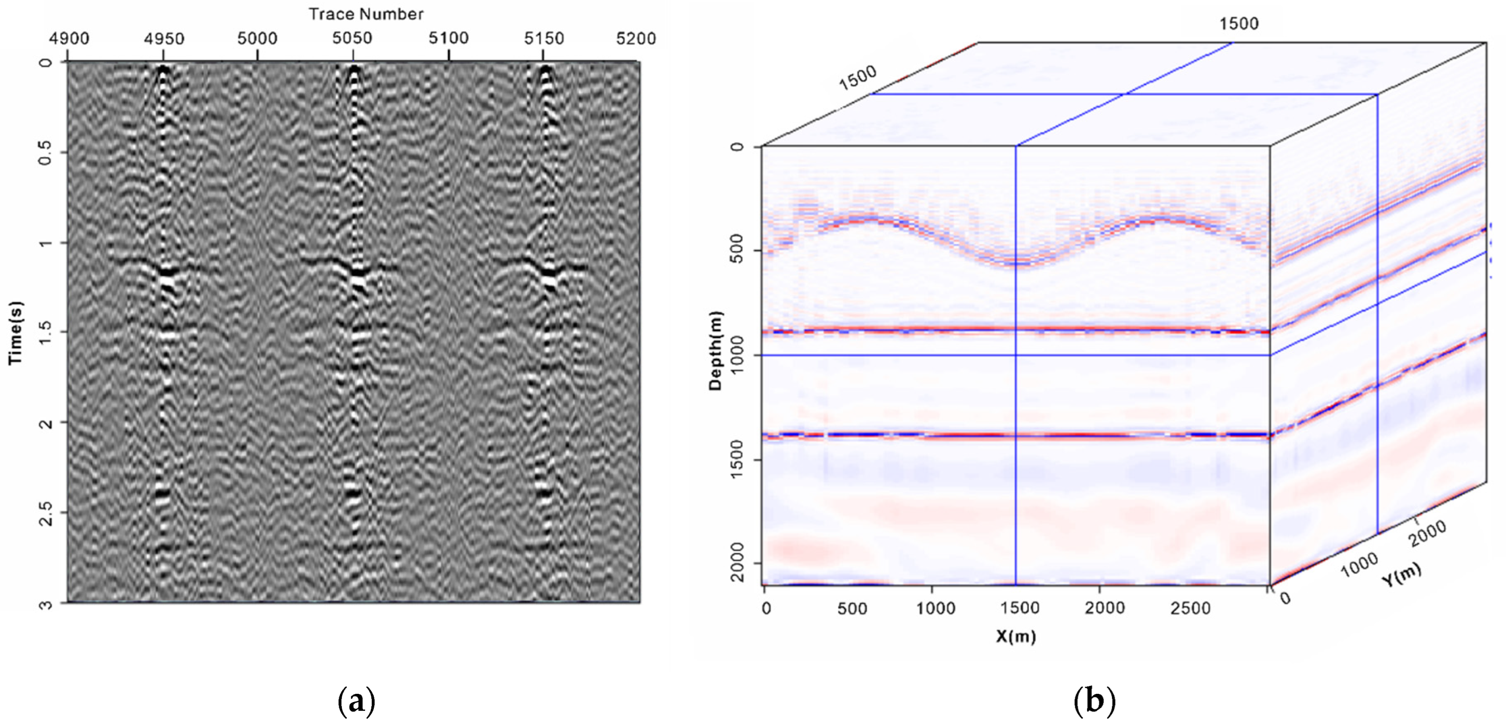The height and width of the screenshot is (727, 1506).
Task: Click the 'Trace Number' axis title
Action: pos(366,14)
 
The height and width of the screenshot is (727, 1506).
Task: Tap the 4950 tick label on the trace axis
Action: pos(164,38)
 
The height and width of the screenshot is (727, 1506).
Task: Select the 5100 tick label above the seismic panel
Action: pos(449,38)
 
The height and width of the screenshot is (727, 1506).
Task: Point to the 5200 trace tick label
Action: pos(636,38)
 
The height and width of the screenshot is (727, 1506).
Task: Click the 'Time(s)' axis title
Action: pos(15,333)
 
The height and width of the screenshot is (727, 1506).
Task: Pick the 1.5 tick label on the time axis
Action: pos(46,332)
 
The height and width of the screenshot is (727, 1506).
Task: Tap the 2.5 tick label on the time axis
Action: pos(46,513)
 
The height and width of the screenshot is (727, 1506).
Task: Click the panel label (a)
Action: pos(357,701)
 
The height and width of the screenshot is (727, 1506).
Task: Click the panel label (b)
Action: pos(1094,701)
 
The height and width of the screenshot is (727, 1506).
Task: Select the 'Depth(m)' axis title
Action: pos(716,351)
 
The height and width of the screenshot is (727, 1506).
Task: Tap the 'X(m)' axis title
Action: pos(1016,636)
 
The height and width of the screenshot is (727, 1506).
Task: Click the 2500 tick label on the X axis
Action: pos(1190,608)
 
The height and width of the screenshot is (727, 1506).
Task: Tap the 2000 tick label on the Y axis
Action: pos(1428,534)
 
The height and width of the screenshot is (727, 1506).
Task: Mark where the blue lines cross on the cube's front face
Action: pos(1016,355)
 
